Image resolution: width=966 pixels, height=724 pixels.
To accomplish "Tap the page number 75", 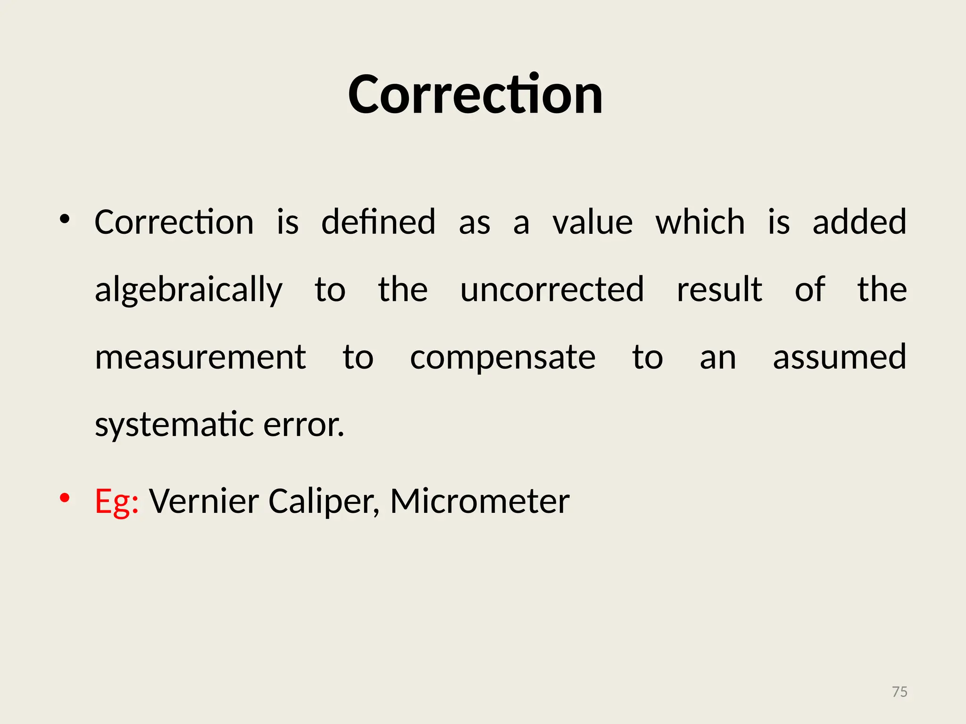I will click(899, 691).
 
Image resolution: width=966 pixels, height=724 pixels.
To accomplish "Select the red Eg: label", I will click(117, 502).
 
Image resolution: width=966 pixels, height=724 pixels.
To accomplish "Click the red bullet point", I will click(65, 498).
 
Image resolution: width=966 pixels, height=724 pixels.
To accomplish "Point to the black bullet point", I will click(65, 219).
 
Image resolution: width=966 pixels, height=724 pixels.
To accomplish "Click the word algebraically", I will click(189, 290).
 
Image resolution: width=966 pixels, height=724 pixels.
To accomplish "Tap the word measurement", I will click(200, 357).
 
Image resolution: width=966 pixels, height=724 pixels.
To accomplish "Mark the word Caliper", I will click(324, 502).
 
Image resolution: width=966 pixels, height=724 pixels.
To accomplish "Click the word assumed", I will click(840, 357).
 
